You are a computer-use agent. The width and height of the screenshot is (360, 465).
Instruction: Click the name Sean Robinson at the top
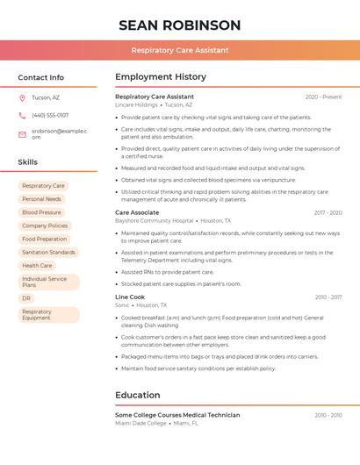point(179,25)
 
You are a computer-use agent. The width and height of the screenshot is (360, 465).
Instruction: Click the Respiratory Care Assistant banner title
point(180,50)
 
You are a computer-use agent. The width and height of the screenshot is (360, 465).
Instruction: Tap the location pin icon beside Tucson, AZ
point(22,97)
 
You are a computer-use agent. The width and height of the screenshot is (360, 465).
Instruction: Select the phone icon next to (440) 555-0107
point(22,115)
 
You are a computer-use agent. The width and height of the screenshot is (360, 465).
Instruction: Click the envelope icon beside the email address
point(22,134)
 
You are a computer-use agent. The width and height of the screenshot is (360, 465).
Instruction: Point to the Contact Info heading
point(41,77)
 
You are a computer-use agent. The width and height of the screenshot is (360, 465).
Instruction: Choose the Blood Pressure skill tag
point(41,212)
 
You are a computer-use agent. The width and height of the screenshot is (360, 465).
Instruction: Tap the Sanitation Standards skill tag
point(48,252)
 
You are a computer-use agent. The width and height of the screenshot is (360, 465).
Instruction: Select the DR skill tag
point(26,298)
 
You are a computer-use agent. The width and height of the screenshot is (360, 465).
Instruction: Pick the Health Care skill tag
point(37,265)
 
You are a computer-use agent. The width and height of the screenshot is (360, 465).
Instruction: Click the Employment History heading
point(161,77)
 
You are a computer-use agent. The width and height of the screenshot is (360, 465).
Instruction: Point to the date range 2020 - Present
point(323,97)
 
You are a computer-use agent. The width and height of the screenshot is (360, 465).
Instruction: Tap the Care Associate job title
point(137,212)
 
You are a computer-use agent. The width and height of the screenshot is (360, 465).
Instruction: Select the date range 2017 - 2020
point(328,212)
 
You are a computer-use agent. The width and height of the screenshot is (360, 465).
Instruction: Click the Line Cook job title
point(130,297)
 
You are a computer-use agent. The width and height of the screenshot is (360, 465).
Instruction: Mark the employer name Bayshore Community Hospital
point(154,221)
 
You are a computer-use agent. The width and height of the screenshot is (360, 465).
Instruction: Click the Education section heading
point(138,395)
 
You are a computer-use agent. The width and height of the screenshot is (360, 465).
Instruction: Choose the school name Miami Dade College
point(140,423)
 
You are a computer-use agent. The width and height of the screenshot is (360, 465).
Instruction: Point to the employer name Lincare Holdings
point(136,104)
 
